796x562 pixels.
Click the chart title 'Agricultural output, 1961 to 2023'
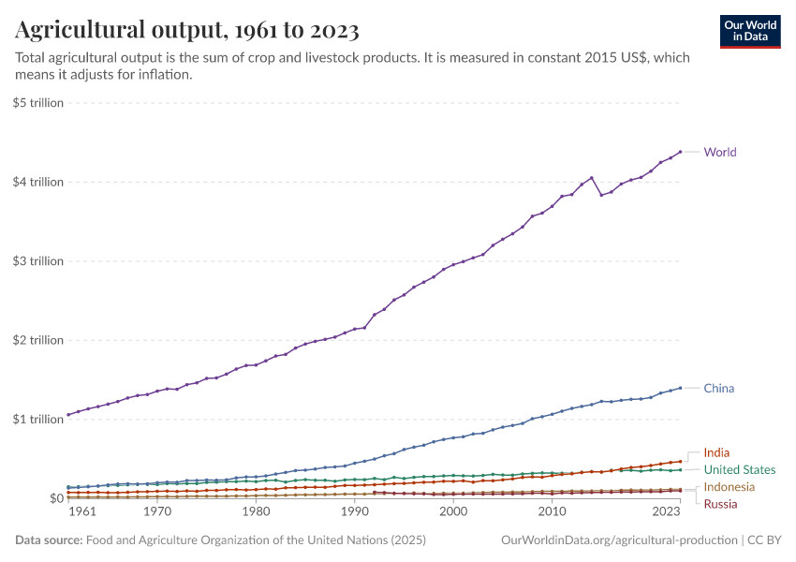tap(187, 31)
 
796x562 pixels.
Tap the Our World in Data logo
tap(750, 31)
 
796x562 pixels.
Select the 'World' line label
tap(720, 152)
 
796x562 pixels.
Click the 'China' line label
tap(719, 388)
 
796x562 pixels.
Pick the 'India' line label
tap(716, 452)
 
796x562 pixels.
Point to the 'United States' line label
tap(740, 469)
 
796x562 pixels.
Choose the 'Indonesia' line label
tap(730, 487)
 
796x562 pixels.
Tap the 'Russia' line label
tap(720, 504)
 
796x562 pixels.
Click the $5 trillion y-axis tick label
tap(37, 102)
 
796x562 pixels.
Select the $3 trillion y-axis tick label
tap(37, 260)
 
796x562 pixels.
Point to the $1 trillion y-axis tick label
tap(37, 419)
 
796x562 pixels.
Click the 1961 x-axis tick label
tap(81, 512)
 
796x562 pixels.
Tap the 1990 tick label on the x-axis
tap(354, 512)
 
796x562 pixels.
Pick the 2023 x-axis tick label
tap(666, 512)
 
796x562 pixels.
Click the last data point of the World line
tap(680, 152)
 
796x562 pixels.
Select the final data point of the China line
tap(680, 388)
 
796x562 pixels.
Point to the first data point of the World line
tap(68, 414)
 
